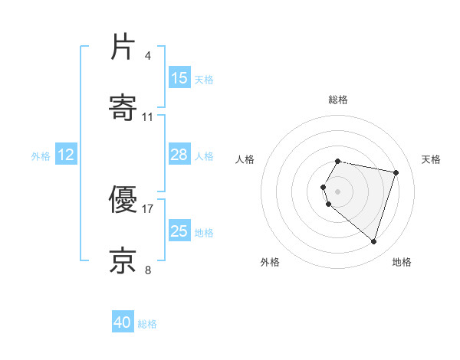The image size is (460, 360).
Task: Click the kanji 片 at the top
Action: pyautogui.click(x=123, y=47)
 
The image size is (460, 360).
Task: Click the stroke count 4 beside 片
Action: pyautogui.click(x=148, y=56)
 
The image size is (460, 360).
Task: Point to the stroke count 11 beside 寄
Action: pyautogui.click(x=148, y=117)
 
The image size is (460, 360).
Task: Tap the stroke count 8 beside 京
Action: pyautogui.click(x=148, y=270)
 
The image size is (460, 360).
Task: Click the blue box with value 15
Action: pyautogui.click(x=179, y=78)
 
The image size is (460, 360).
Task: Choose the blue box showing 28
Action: pyautogui.click(x=179, y=155)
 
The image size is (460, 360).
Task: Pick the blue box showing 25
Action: pyautogui.click(x=179, y=231)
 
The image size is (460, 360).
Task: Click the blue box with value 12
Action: pyautogui.click(x=66, y=155)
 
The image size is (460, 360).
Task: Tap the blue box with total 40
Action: pyautogui.click(x=123, y=323)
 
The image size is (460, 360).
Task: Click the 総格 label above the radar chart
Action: pyautogui.click(x=338, y=100)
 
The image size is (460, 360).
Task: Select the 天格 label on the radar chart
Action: pyautogui.click(x=432, y=159)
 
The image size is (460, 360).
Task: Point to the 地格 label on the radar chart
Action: pyautogui.click(x=402, y=262)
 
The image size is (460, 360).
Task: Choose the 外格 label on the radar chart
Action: pyautogui.click(x=270, y=262)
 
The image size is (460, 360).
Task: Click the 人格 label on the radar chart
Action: pyautogui.click(x=245, y=159)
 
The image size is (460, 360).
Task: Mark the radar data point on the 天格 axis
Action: pyautogui.click(x=396, y=172)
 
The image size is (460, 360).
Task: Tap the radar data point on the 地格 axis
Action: pyautogui.click(x=373, y=241)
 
